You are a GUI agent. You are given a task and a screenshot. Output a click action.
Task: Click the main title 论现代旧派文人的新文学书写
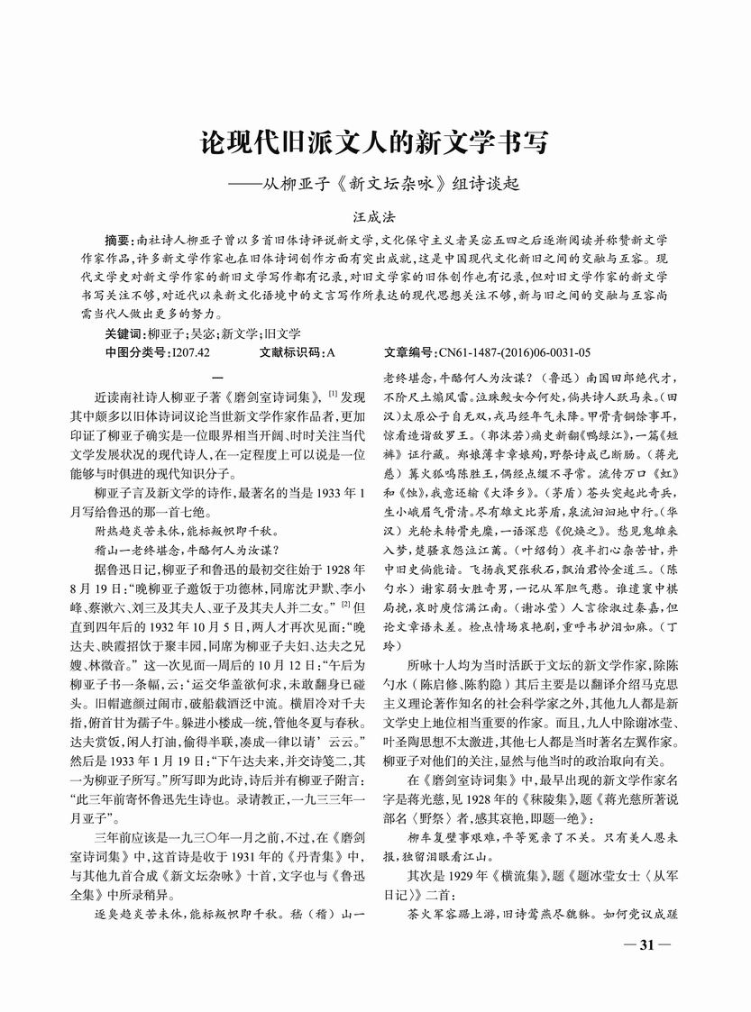click(x=374, y=142)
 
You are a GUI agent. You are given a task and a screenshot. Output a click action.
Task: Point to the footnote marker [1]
click(x=334, y=391)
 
